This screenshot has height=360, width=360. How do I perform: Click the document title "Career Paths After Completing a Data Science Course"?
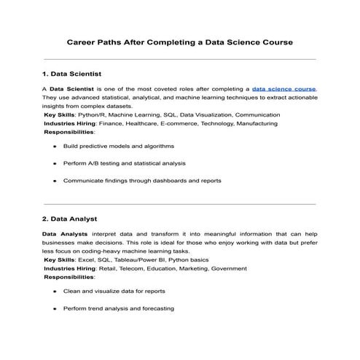click(180, 42)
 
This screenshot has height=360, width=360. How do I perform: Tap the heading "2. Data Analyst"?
click(69, 219)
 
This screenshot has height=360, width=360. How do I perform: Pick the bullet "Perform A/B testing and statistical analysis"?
click(124, 163)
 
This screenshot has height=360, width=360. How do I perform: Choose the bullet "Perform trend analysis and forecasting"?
click(118, 308)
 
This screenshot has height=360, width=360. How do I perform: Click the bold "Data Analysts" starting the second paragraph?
click(64, 233)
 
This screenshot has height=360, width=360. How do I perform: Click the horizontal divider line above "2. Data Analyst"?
click(180, 204)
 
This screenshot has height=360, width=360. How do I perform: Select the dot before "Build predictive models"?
click(55, 146)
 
